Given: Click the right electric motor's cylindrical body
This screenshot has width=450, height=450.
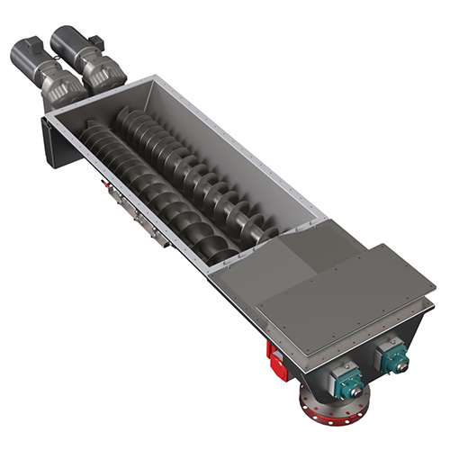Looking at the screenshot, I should pos(67,40).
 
